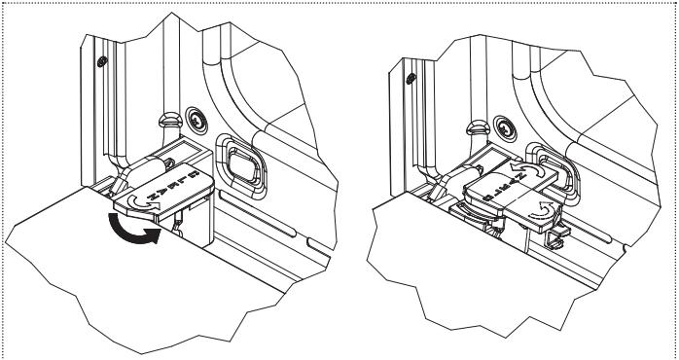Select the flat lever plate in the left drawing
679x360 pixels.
[161, 190]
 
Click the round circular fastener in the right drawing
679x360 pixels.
[509, 126]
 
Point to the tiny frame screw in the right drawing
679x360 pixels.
[412, 77]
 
